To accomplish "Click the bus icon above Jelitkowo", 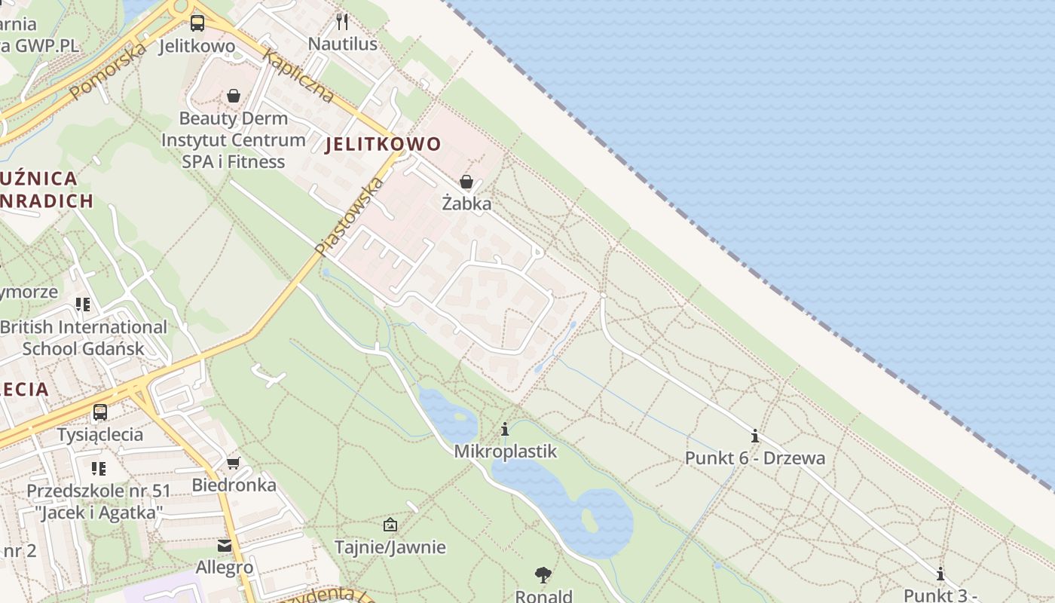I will coord(197,23).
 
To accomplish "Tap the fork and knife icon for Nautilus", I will coord(342,21).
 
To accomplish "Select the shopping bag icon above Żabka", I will coord(466,182).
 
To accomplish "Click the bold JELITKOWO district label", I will coord(383,145).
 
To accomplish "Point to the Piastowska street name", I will coord(350,216).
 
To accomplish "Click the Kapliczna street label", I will coord(298,75).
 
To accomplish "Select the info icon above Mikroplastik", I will coord(505,430).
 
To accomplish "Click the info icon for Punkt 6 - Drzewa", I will coord(754,436).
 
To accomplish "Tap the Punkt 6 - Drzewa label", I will coord(754,458).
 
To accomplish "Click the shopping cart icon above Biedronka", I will coord(234,462).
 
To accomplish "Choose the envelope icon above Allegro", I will coord(225,546).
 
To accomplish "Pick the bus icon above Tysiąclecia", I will coord(99,412).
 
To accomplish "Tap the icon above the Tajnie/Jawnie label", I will coord(390,525).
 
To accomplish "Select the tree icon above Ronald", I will coord(543,576).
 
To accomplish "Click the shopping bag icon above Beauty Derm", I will coord(234,96).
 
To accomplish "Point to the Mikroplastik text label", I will coord(505,451).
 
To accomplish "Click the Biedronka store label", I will coord(234,485).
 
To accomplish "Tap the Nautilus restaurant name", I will coord(342,44).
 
